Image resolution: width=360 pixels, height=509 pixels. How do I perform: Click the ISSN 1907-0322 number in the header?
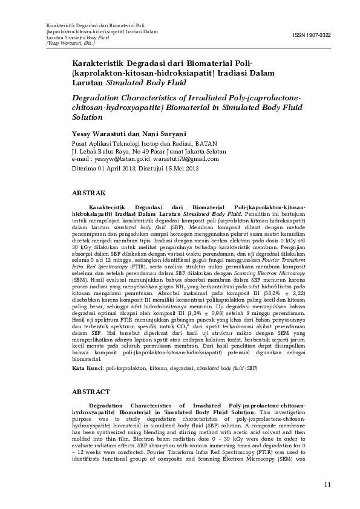point(312,36)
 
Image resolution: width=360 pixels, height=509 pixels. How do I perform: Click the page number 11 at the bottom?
point(327,484)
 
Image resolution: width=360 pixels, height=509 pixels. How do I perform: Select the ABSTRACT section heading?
point(91,392)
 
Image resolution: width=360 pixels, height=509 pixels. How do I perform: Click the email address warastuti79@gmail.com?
point(188,158)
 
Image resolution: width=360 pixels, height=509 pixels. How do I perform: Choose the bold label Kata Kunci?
point(87,368)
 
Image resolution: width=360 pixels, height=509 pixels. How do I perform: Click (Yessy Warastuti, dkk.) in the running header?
point(70,44)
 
